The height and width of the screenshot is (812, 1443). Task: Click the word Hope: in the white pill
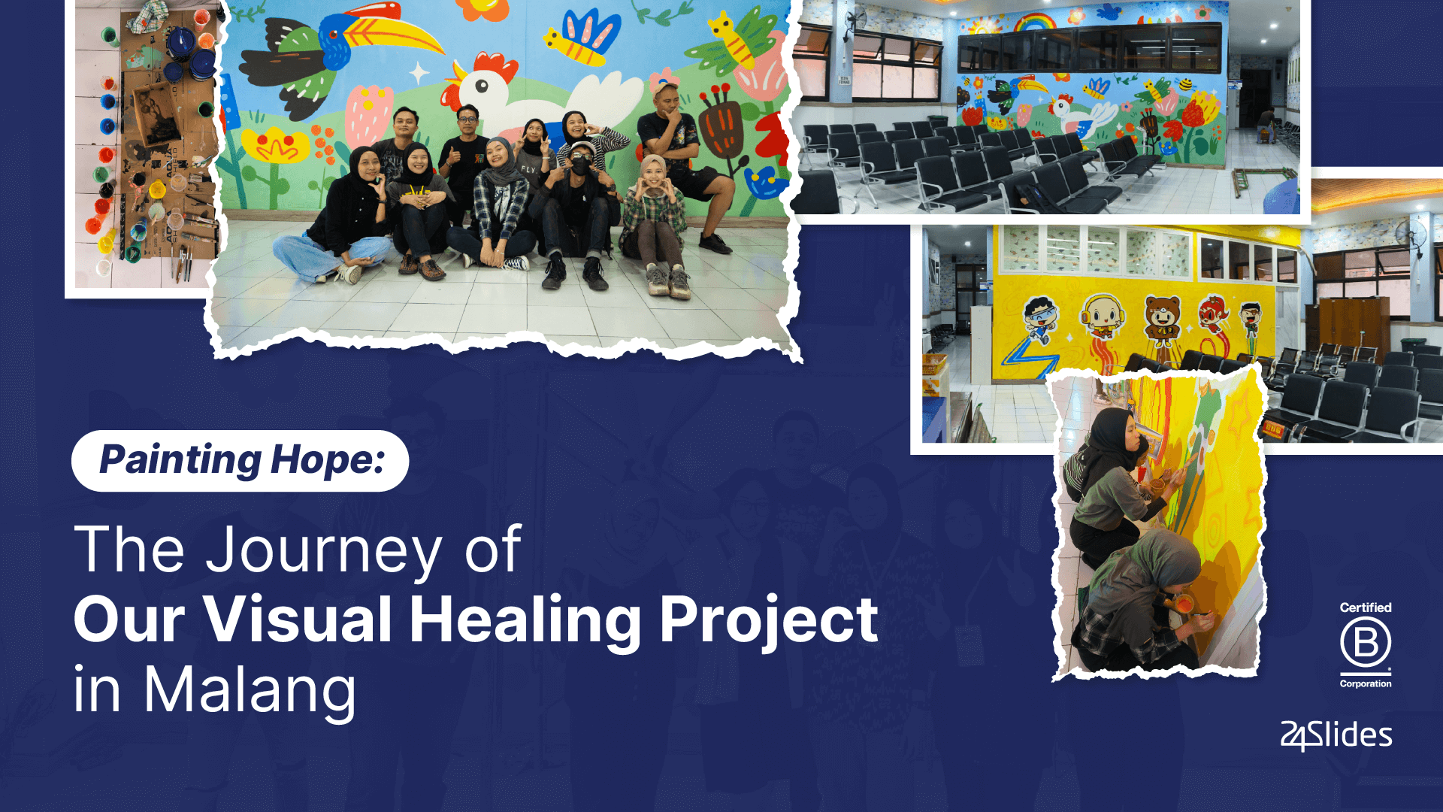[327, 460]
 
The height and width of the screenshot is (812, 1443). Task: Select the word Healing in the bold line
[525, 620]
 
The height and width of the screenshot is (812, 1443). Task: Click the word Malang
[250, 690]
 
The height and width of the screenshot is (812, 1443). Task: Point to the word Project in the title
[768, 620]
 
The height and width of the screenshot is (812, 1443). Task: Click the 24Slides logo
[1336, 735]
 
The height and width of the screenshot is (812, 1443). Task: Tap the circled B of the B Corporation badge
[1365, 644]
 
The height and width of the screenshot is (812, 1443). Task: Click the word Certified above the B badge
[1365, 607]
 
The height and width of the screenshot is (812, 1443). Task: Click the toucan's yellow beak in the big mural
[391, 34]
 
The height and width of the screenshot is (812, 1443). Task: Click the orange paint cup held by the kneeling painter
[1182, 604]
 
